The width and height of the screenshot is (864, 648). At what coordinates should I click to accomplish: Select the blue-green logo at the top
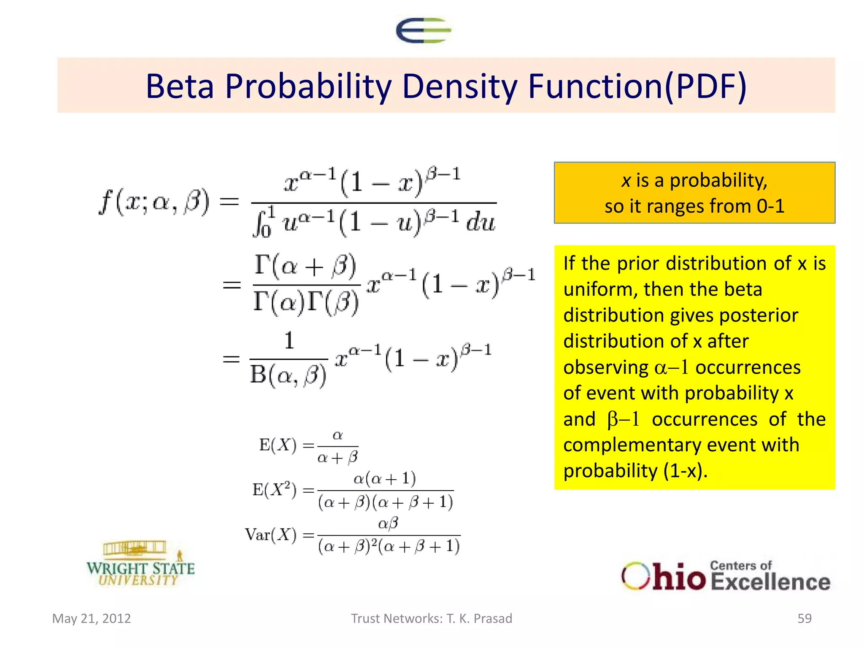point(423,30)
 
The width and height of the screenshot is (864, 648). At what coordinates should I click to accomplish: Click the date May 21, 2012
point(92,618)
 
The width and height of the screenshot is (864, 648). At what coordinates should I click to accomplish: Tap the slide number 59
point(804,618)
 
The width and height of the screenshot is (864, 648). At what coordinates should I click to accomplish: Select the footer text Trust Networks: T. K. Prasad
point(432,618)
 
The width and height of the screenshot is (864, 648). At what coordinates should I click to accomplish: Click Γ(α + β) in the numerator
point(306,267)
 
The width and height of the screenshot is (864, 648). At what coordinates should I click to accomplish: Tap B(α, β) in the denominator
point(288,375)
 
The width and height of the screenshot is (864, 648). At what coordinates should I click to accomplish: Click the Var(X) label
point(271,535)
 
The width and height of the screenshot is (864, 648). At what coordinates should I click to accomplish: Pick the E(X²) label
point(274,490)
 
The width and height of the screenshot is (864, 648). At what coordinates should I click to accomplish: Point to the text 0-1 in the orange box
point(770,206)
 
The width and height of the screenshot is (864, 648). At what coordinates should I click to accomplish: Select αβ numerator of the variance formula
point(388,524)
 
